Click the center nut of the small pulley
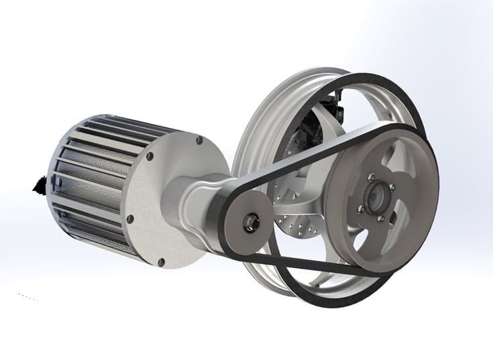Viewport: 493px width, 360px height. pos(251,221)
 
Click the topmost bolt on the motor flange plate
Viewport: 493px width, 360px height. pos(199,141)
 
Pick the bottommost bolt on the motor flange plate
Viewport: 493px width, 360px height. pos(160,261)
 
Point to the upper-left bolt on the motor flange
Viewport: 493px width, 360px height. pos(150,156)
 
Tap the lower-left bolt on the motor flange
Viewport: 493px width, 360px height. pos(131,218)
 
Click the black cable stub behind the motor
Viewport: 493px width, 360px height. pos(39,183)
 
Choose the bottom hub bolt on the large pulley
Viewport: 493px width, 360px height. pos(380,217)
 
